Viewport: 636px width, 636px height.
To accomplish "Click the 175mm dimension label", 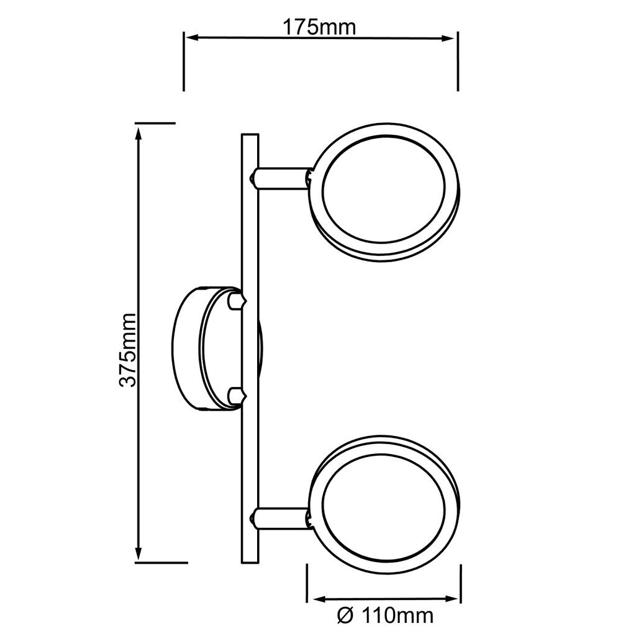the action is tap(319, 27).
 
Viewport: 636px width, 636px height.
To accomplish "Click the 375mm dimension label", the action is tap(128, 350).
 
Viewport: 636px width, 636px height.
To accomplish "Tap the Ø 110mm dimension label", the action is tap(385, 616).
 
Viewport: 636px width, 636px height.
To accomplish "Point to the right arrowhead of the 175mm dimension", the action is tap(447, 39).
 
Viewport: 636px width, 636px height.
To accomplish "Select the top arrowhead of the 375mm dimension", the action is tap(139, 134).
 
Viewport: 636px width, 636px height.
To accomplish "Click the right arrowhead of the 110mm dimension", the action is tap(452, 599).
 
